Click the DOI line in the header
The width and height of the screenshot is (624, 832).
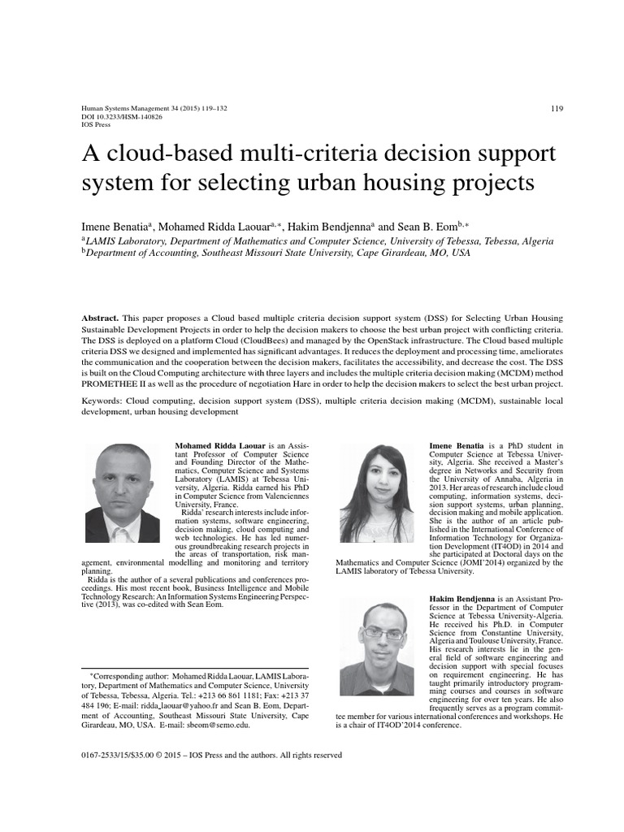(123, 117)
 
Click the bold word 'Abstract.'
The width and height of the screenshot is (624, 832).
(101, 317)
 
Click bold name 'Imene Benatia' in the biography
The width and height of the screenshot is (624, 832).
(457, 446)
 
